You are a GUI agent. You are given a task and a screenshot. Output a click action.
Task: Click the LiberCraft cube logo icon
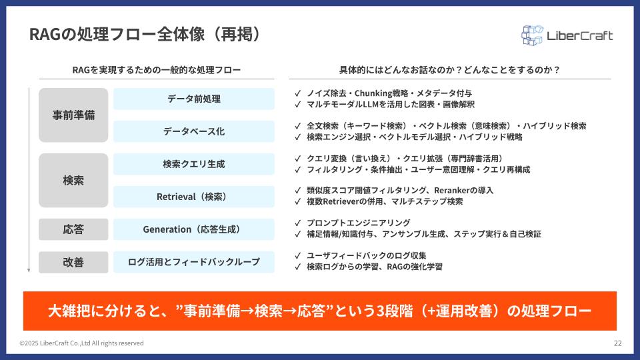pos(532,35)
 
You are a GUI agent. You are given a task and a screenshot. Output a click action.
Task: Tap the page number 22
pos(617,343)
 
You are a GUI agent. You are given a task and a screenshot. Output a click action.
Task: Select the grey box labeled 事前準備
pos(73,115)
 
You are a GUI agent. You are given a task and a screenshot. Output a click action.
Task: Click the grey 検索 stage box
pos(73,181)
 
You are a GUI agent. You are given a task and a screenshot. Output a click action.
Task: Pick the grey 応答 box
pos(73,229)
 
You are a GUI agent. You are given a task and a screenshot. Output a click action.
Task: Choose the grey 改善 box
pos(73,262)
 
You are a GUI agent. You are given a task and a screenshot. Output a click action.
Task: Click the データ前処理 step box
pos(194,99)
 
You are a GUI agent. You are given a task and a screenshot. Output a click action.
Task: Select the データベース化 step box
pos(194,131)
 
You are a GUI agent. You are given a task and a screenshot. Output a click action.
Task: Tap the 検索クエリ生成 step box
pos(194,164)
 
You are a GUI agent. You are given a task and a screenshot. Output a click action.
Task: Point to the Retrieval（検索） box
pos(194,197)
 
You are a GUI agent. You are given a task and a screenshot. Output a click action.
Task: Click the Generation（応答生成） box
pos(194,229)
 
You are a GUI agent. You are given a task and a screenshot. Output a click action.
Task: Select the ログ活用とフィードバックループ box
pos(194,262)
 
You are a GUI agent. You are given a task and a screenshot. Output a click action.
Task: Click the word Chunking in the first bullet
pos(373,93)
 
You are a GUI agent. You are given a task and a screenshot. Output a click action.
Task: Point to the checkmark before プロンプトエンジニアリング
pos(297,223)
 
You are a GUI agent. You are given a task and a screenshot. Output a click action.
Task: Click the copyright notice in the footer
pos(81,343)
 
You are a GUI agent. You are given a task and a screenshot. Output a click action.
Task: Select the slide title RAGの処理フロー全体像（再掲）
pos(145,34)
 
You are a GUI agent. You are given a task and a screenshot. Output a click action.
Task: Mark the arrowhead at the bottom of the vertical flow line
pos(29,270)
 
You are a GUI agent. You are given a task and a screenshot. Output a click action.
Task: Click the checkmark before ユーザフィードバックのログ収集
pos(297,255)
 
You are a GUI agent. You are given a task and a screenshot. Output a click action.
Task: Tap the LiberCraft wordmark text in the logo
pos(579,36)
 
